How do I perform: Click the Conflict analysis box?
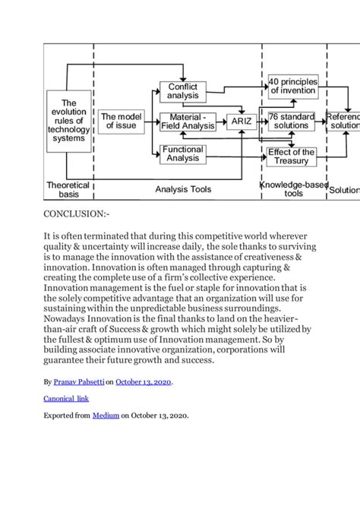tap(183, 91)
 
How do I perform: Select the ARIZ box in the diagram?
tap(242, 121)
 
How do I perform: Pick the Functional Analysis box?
tap(183, 154)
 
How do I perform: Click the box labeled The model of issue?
tap(121, 121)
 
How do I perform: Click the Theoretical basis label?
tap(68, 189)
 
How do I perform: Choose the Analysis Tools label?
tap(183, 189)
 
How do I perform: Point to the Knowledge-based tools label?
tap(293, 189)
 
